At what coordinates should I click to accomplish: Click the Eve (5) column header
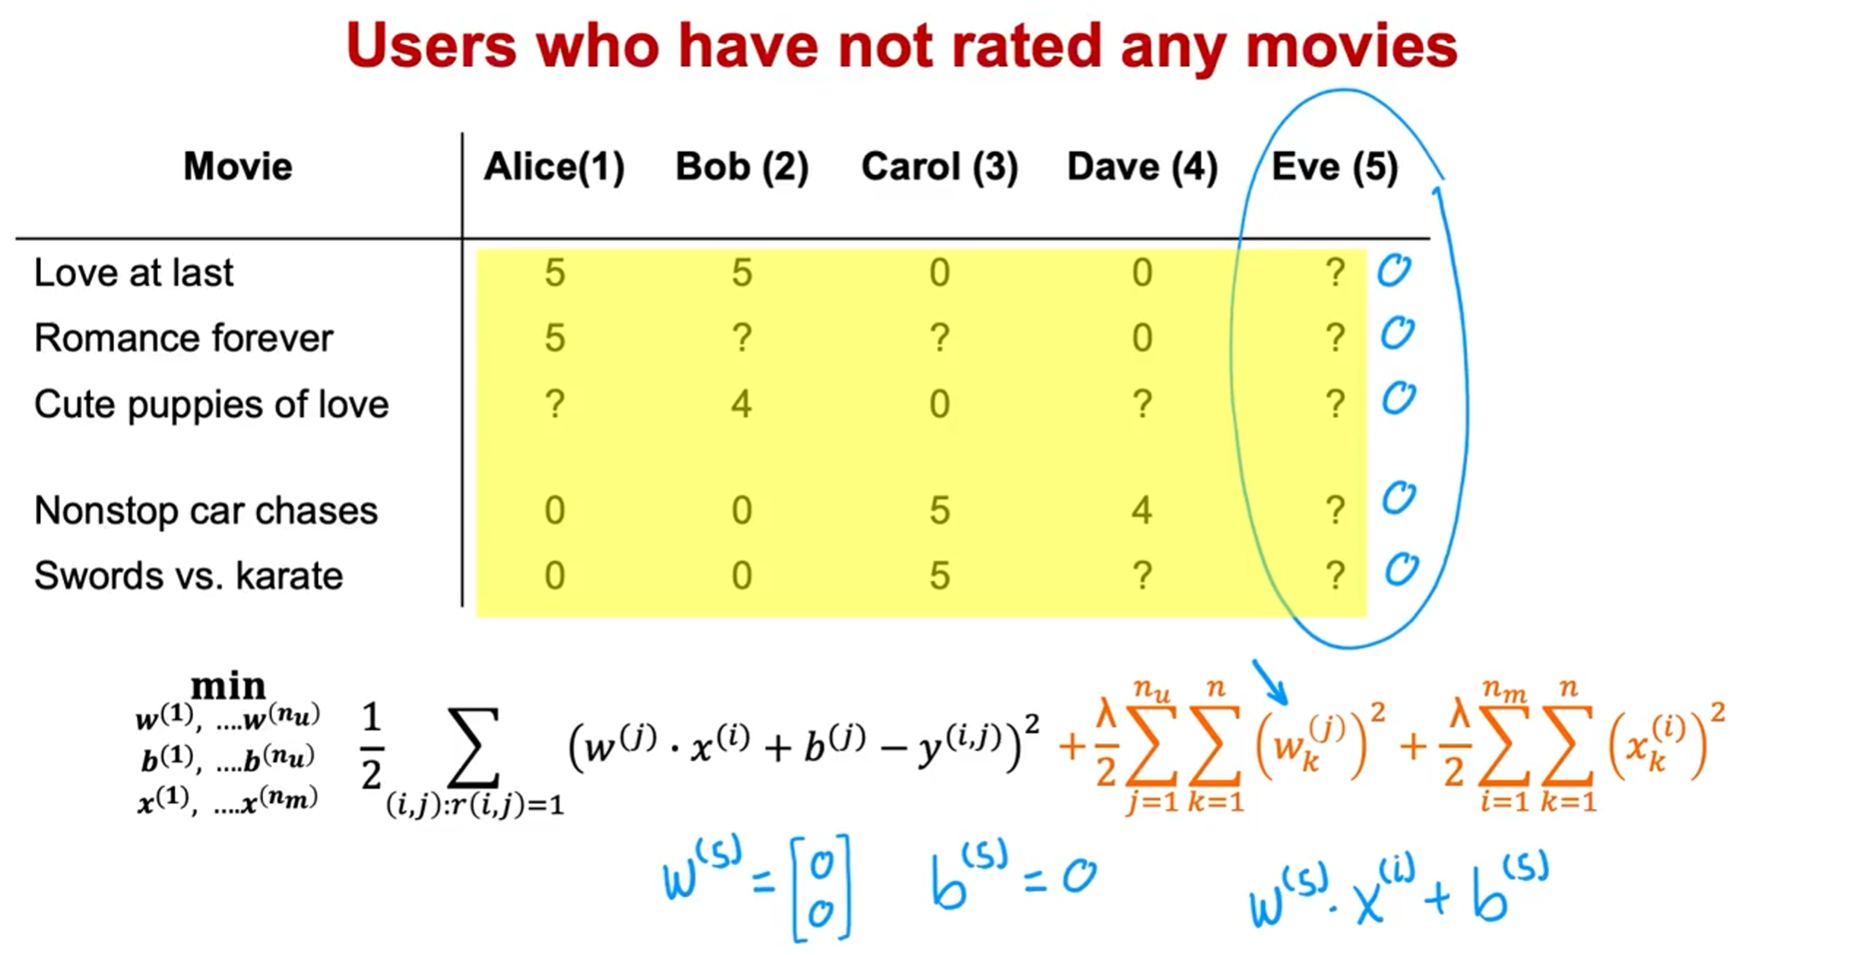1334,167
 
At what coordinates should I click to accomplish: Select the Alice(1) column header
554,167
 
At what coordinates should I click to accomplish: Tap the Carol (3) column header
939,167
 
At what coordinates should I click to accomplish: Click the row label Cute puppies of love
211,405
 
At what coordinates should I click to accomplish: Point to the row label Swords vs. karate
189,576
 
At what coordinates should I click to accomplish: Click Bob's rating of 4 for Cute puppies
741,404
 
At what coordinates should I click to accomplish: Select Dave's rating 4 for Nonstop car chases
1142,510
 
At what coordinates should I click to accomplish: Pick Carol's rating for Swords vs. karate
939,576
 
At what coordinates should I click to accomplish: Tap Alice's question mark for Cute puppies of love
554,404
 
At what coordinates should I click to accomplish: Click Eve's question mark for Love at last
1335,273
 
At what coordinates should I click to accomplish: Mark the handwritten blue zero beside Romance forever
1397,334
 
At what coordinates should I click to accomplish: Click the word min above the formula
228,686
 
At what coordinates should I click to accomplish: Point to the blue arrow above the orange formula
1270,682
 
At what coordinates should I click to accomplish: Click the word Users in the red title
432,46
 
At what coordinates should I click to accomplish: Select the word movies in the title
1352,46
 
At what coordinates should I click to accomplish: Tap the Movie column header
238,167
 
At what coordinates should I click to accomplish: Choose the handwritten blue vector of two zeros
822,888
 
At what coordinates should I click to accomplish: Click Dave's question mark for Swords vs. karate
1142,576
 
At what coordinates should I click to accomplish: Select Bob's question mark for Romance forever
741,338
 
